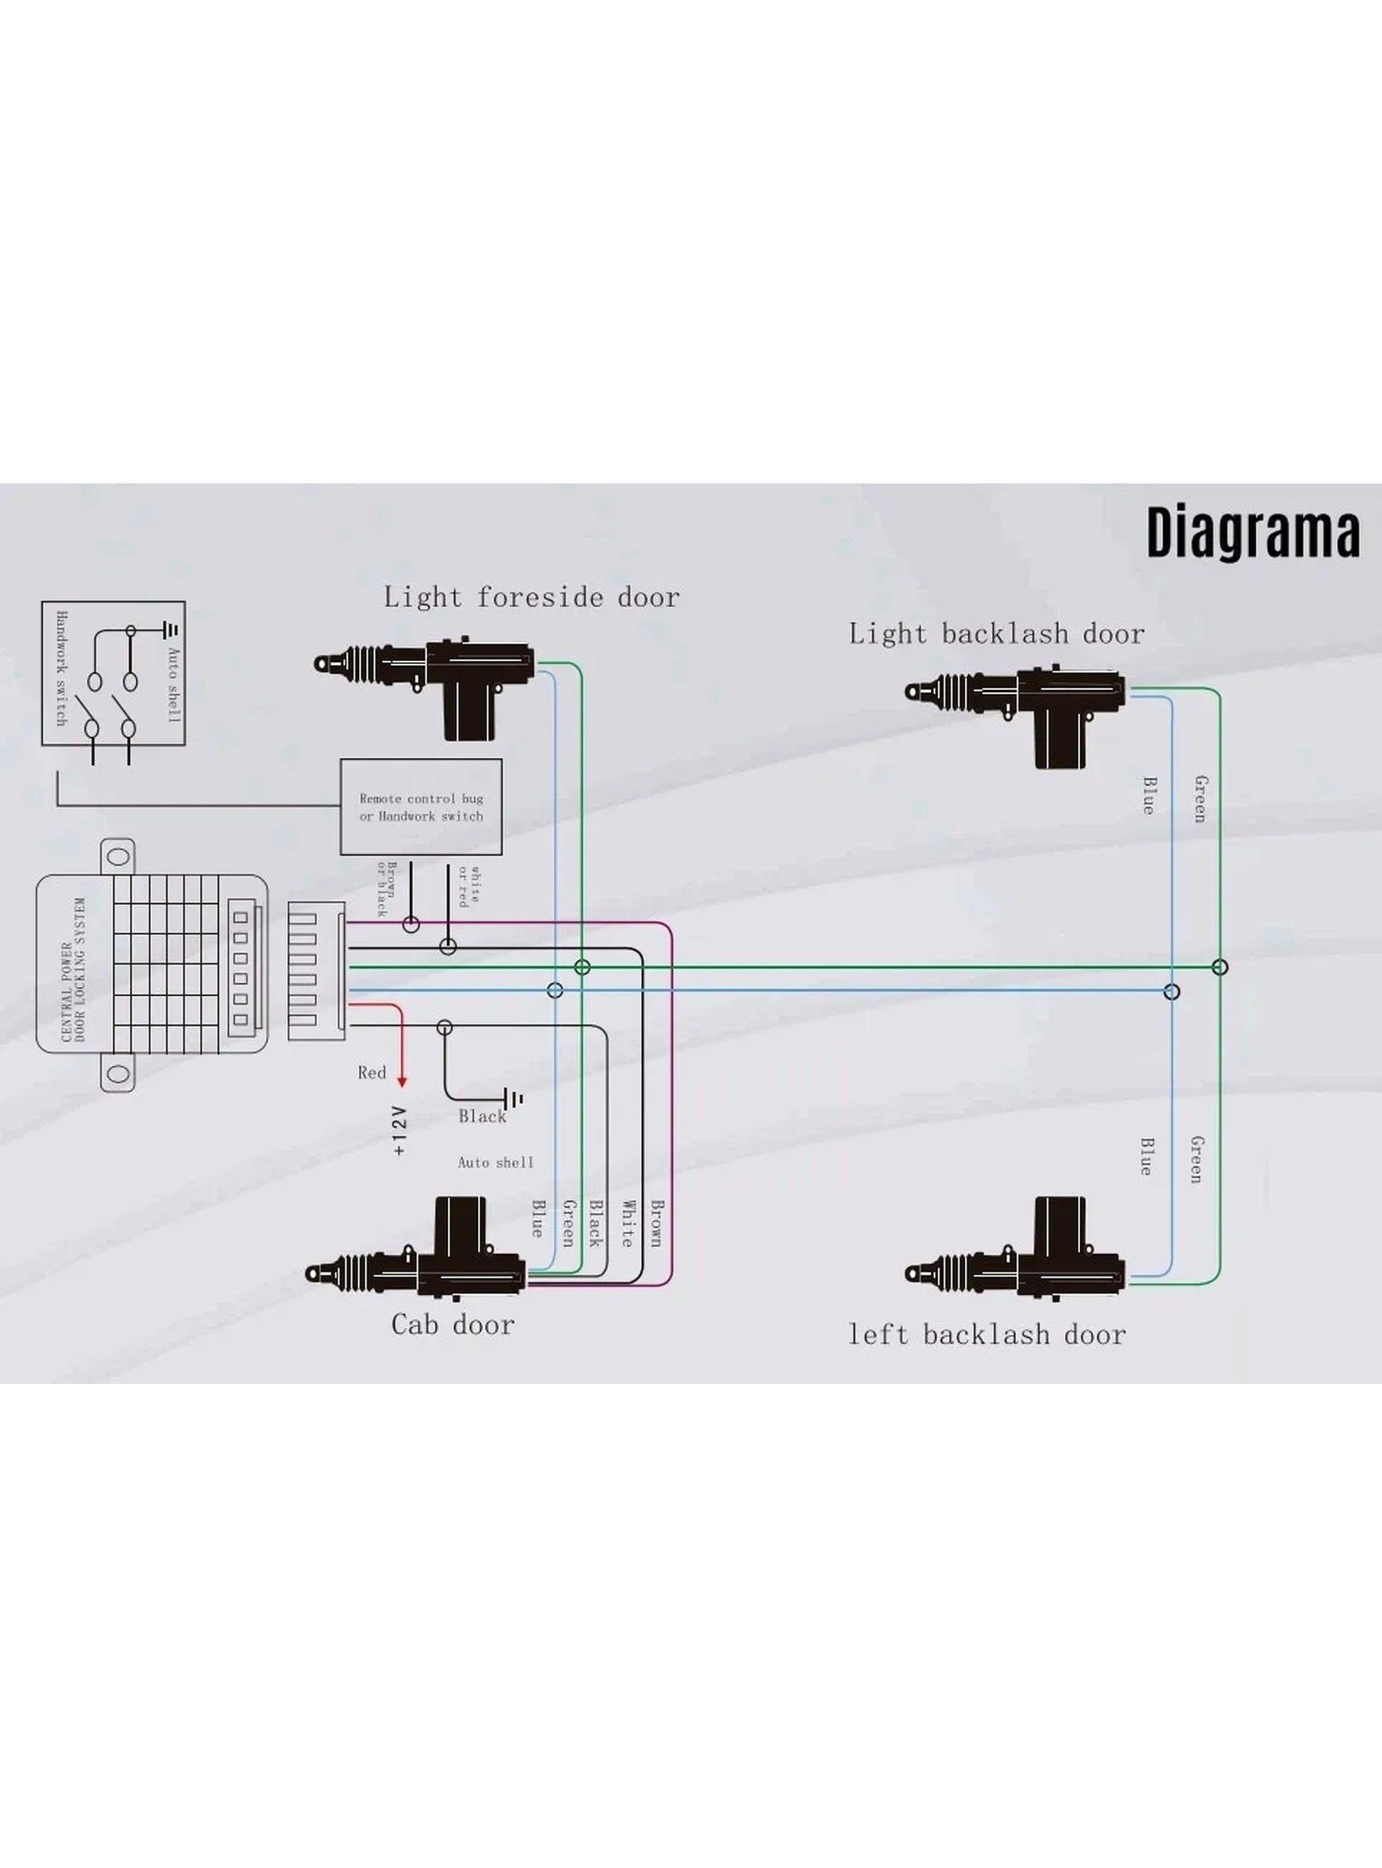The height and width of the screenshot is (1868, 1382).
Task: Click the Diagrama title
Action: [x=1252, y=533]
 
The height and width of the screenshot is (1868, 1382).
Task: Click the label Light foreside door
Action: [x=531, y=597]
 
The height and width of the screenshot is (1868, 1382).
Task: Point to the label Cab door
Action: [x=452, y=1324]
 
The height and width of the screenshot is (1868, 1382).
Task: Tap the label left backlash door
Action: [x=987, y=1334]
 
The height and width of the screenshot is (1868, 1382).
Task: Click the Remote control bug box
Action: [x=421, y=807]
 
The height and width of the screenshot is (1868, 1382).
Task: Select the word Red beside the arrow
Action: [x=372, y=1072]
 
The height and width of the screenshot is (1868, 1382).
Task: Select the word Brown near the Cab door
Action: [x=657, y=1223]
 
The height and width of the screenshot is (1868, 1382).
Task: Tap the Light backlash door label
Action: [x=997, y=633]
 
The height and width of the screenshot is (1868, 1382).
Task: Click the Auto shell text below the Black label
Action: [x=495, y=1162]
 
